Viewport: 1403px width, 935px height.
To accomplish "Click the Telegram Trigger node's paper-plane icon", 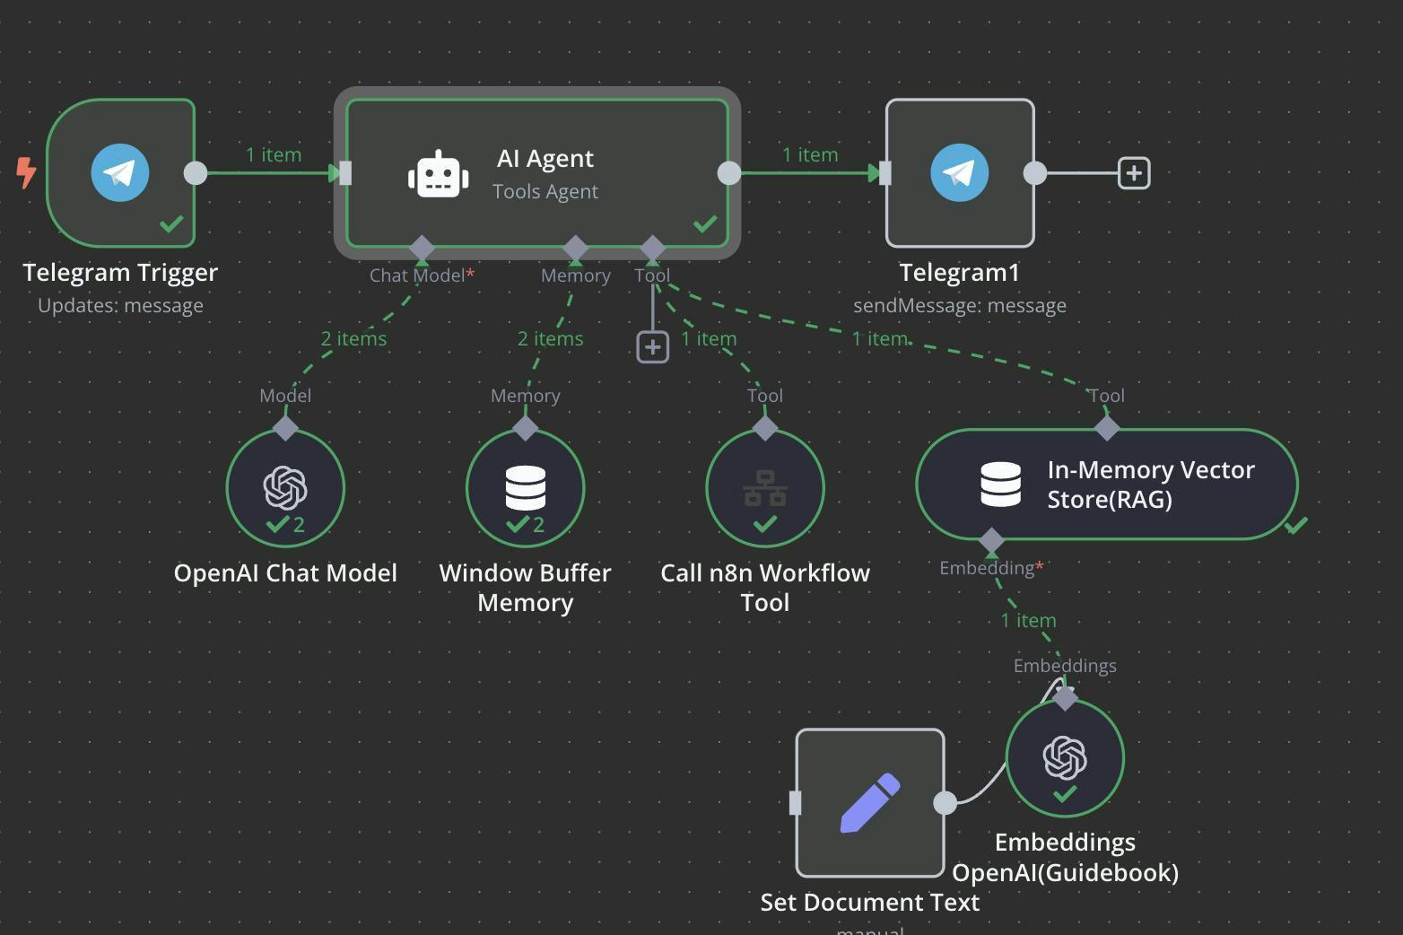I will [x=120, y=172].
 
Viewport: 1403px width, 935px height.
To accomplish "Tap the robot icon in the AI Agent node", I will [x=439, y=174].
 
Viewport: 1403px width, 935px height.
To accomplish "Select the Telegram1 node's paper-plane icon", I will [x=959, y=172].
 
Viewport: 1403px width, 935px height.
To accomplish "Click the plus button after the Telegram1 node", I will [x=1134, y=173].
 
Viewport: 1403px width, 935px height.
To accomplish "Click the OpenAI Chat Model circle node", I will [x=285, y=488].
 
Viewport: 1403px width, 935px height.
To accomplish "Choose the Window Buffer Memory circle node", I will [x=525, y=488].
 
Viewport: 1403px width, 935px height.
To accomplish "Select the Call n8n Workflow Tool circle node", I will [x=764, y=488].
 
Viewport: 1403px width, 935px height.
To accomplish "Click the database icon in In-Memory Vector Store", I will [x=1000, y=485].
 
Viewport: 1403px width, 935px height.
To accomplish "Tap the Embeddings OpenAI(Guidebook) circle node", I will [x=1065, y=758].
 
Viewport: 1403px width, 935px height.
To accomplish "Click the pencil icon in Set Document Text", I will [x=869, y=802].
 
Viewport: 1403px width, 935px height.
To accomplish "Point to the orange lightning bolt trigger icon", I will [x=27, y=172].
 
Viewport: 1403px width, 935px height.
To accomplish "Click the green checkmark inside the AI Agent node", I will [x=705, y=223].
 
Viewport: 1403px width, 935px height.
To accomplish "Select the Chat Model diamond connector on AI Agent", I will [x=422, y=248].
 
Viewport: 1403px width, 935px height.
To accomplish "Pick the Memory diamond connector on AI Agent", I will [x=575, y=248].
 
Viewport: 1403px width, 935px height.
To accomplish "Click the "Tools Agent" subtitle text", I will [x=545, y=191].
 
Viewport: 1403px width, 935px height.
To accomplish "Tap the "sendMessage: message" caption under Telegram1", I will [x=959, y=306].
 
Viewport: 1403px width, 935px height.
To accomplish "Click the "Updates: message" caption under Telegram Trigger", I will [x=120, y=306].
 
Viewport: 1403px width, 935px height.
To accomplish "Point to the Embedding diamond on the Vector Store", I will [x=991, y=541].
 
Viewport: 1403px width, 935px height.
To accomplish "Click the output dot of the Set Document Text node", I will [x=945, y=803].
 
